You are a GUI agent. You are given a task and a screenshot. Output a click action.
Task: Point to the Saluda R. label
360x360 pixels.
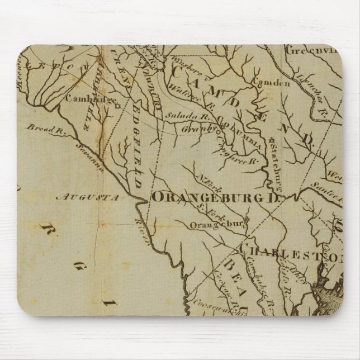click(x=180, y=116)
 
